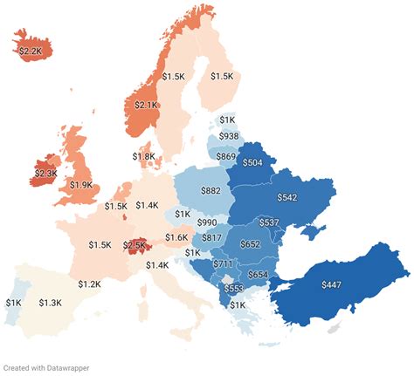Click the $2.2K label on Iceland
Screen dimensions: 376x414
(31, 51)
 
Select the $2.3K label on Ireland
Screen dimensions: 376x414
(45, 174)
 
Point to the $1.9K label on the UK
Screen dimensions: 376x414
(81, 186)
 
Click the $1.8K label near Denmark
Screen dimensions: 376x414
(145, 156)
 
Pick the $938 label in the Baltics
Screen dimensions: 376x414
(229, 136)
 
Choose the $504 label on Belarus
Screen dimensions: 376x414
(252, 162)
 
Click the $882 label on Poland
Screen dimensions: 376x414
(210, 190)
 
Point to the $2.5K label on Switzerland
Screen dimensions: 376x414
(133, 245)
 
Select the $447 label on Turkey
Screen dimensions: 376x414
(331, 285)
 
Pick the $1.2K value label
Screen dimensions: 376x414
(89, 284)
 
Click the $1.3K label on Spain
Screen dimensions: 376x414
(51, 303)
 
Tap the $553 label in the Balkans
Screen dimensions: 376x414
(234, 289)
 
